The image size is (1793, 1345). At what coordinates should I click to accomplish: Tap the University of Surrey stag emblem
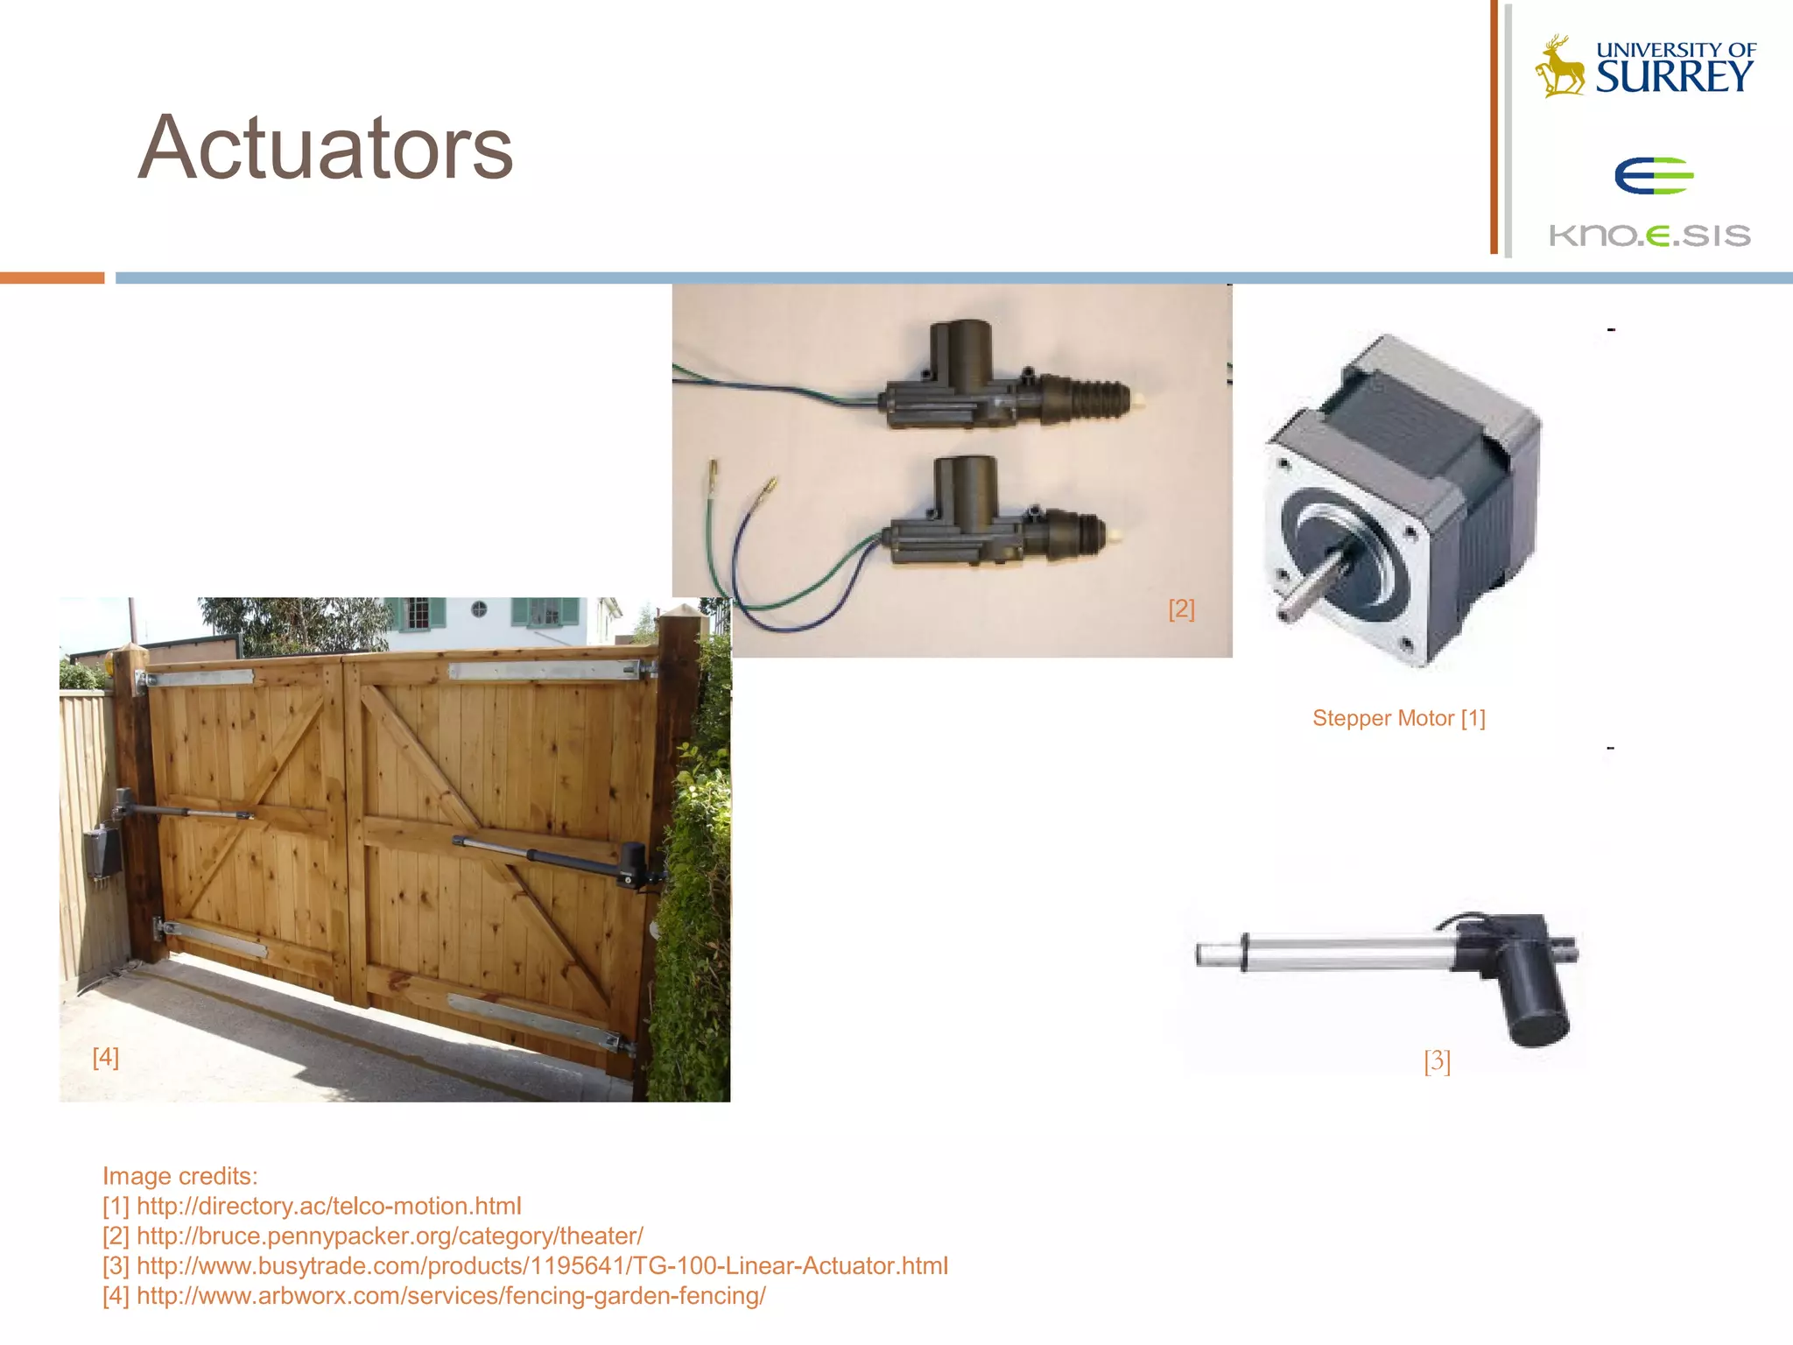point(1560,67)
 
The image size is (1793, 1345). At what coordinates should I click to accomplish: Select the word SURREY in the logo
point(1674,78)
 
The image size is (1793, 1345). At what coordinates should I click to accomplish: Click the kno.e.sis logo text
point(1649,235)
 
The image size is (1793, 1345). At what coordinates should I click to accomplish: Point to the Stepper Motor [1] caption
point(1398,718)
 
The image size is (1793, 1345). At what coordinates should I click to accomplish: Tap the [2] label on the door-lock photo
point(1181,609)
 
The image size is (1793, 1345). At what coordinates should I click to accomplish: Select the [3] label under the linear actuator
point(1437,1061)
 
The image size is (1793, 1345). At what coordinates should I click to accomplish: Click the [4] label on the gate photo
point(105,1057)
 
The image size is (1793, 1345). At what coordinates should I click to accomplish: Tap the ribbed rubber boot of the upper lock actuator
point(1094,398)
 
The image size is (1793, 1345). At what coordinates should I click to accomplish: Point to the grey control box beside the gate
point(102,850)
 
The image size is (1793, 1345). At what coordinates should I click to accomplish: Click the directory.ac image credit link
point(328,1206)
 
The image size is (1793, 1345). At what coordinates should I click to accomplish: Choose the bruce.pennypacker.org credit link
point(390,1236)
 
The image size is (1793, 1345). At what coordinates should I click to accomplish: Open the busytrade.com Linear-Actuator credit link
point(542,1265)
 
